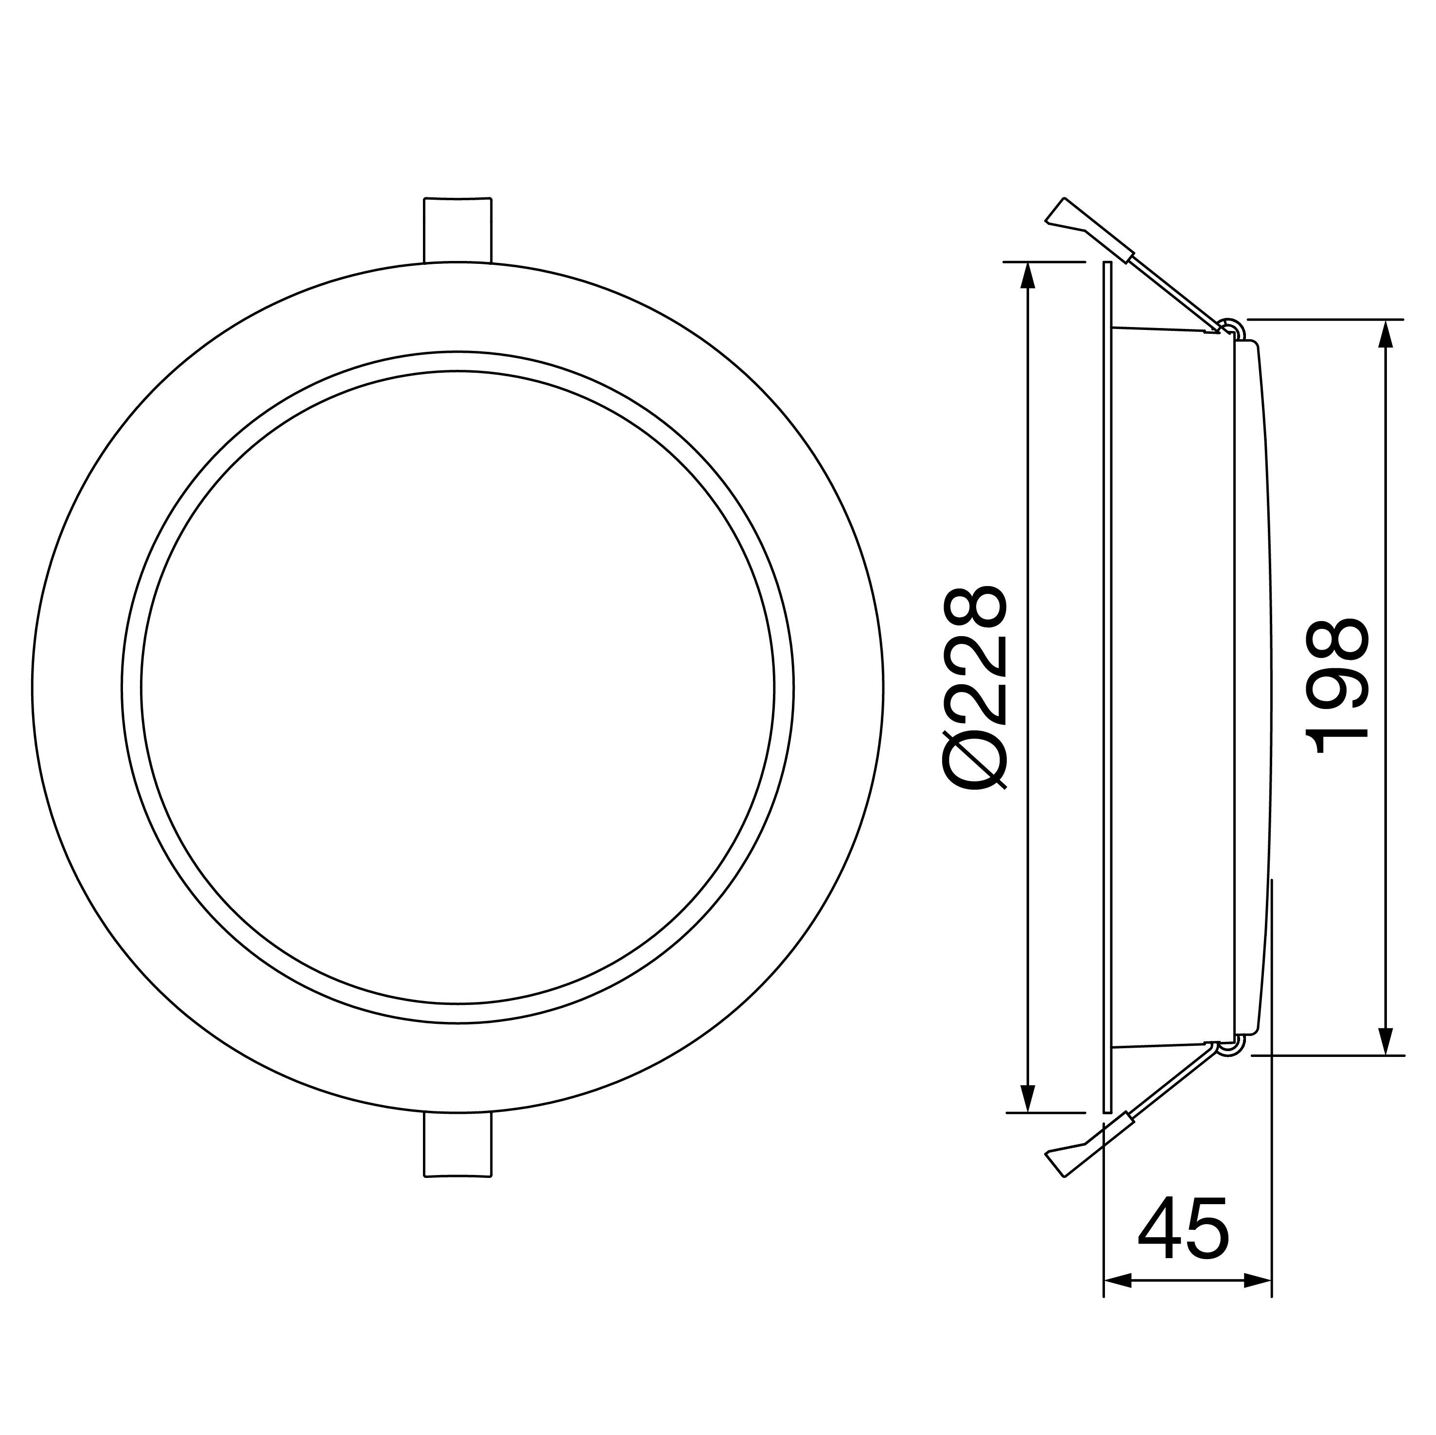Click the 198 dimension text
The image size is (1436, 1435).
pos(1338,688)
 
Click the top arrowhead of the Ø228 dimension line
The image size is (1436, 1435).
pos(1028,275)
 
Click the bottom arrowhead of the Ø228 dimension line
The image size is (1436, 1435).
pos(1028,1119)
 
